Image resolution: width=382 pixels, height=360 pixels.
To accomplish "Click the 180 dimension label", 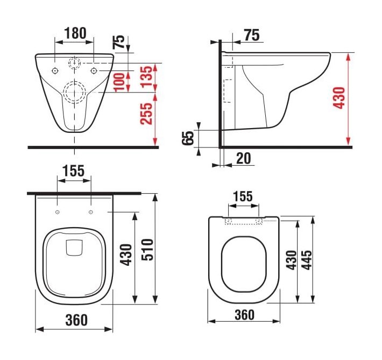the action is (75, 33).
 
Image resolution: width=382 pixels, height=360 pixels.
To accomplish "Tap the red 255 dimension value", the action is (146, 114).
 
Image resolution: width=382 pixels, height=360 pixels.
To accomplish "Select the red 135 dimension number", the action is (146, 76).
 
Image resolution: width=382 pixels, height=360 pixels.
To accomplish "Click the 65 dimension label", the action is (188, 138).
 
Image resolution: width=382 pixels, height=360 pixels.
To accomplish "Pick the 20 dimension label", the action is (244, 158).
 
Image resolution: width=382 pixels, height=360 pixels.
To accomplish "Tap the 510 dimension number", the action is (147, 250).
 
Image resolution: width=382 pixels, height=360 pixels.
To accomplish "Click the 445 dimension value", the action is (307, 260).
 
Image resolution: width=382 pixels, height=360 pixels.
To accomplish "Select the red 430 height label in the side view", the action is (339, 97).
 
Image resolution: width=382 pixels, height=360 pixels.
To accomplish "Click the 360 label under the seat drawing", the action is (244, 315).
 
